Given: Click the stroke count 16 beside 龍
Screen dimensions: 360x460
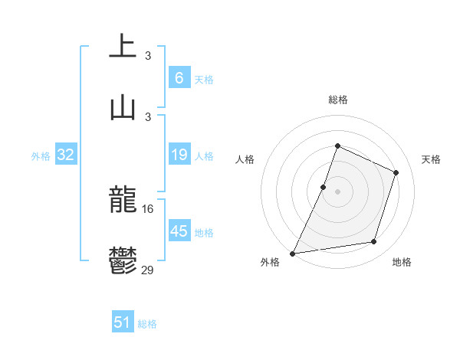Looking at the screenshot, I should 147,208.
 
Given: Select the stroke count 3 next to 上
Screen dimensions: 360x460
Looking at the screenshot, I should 148,55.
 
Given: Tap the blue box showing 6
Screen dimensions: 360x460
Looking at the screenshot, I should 179,77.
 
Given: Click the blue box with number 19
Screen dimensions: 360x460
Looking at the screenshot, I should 179,155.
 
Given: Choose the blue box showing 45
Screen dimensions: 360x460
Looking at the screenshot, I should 179,231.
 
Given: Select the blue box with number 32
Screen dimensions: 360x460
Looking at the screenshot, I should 65,155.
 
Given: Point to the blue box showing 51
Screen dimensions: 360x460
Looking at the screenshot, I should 123,322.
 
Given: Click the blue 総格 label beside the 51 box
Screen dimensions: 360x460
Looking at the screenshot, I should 147,324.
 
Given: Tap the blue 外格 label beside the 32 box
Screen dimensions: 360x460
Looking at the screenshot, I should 41,156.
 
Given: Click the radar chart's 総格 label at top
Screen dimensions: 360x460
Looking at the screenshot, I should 337,100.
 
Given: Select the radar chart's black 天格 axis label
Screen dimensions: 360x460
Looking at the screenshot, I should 431,159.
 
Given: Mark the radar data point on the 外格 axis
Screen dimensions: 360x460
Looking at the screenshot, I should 292,253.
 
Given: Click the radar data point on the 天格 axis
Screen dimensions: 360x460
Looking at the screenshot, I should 396,172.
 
